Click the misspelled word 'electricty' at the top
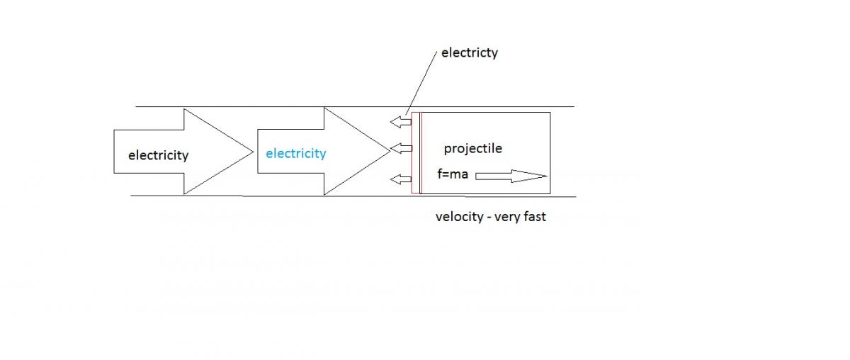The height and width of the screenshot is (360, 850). (469, 52)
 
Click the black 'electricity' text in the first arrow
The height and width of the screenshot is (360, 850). (158, 155)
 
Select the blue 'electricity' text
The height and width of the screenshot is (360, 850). (295, 153)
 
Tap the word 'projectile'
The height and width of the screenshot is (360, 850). (472, 149)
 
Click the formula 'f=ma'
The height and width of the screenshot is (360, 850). (453, 174)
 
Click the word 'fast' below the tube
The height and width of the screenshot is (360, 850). (533, 217)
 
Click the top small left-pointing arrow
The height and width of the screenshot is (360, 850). (400, 122)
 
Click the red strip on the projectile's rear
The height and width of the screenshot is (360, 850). (416, 152)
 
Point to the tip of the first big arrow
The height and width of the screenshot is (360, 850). (251, 150)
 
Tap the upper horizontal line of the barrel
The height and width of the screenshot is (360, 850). (283, 107)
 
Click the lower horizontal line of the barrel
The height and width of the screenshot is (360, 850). (283, 196)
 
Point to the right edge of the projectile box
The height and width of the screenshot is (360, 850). (550, 152)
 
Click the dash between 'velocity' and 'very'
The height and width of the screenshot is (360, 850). (485, 217)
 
